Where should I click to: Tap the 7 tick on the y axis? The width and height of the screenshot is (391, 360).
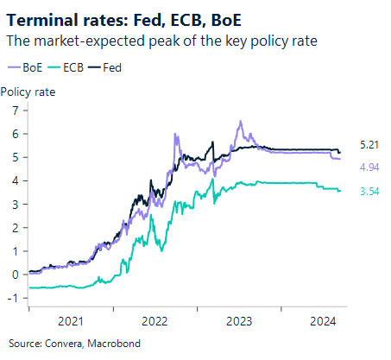(15, 111)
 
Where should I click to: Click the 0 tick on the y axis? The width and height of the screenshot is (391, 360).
(15, 275)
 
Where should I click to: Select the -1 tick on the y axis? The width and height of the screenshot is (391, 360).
(13, 298)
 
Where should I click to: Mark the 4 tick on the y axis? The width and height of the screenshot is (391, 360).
(15, 181)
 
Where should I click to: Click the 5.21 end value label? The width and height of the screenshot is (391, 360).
(369, 143)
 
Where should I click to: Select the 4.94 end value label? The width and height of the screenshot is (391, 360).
(369, 167)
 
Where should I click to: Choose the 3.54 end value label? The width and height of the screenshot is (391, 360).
(369, 190)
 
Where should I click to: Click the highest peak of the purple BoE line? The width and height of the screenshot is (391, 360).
(240, 122)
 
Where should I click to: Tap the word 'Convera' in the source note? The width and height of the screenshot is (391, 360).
(60, 342)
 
